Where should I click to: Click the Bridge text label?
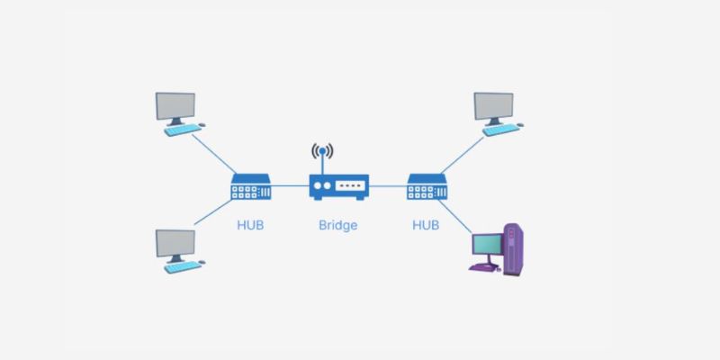coord(337,225)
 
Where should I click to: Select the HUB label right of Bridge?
coord(426,225)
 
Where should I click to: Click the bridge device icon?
coord(338,187)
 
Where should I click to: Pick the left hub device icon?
coord(251,187)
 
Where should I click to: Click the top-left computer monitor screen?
coord(175,106)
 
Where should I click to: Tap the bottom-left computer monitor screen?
coord(175,244)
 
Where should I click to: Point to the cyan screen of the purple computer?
coord(487,245)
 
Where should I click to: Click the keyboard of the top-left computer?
coord(182,130)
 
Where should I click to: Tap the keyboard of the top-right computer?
coord(502,130)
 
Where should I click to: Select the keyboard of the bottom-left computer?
coord(182,267)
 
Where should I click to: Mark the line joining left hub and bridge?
coord(291,187)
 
